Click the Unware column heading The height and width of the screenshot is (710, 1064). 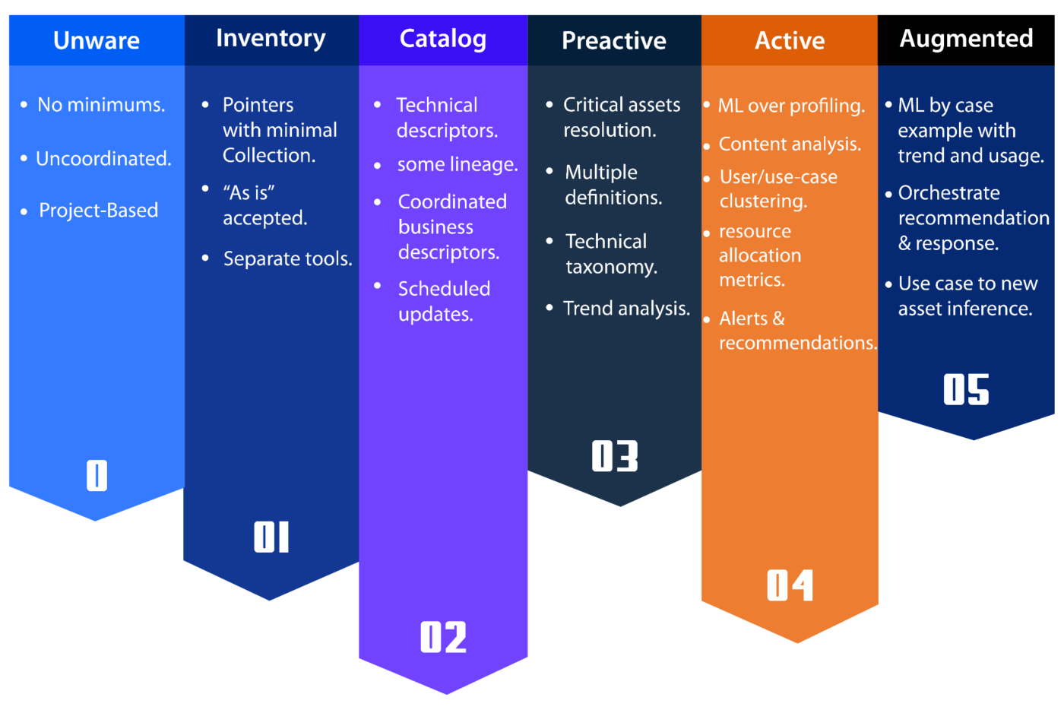(x=97, y=40)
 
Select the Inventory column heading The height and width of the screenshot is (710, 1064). (x=271, y=38)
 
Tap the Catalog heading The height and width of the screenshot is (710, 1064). (x=443, y=39)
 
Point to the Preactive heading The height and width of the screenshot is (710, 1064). (x=614, y=40)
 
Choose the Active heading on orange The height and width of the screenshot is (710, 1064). (x=790, y=40)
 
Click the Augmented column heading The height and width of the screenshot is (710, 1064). (x=966, y=38)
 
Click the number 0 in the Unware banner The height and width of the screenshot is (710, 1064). (x=97, y=475)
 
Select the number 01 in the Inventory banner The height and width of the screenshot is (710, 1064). (x=271, y=537)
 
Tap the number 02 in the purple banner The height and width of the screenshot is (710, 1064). (x=443, y=637)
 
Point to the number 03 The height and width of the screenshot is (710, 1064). (x=615, y=456)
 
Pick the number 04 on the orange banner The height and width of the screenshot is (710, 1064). (x=790, y=585)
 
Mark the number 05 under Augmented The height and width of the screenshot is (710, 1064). (x=966, y=389)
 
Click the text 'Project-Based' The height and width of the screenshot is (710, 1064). (x=99, y=210)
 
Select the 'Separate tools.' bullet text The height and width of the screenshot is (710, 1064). (x=287, y=258)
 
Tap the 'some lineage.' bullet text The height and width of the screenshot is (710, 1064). (x=458, y=164)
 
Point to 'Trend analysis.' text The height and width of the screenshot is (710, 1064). (x=626, y=308)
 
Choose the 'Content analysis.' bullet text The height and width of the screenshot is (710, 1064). (x=790, y=144)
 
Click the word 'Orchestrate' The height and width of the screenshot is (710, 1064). (x=949, y=193)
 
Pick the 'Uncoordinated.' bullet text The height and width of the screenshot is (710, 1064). (x=103, y=158)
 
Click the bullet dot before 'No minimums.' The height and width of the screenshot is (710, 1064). (x=24, y=104)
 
